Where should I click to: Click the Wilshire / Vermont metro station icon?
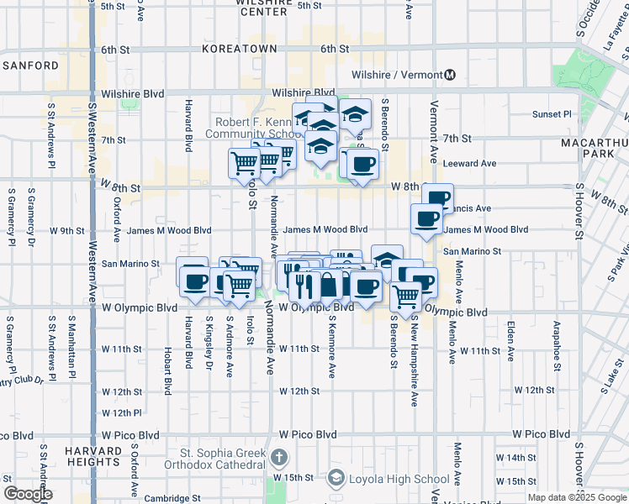pos(450,75)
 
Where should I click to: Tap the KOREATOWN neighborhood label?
pos(239,50)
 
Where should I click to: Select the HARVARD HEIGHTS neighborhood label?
pos(92,456)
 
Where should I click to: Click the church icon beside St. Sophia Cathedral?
pos(279,459)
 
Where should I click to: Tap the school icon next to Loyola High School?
pos(336,479)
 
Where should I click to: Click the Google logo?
pos(28,494)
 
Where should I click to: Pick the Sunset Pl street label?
pos(552,114)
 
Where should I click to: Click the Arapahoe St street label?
pos(555,341)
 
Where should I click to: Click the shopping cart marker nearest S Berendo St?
pos(405,297)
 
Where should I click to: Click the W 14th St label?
pos(515,458)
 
